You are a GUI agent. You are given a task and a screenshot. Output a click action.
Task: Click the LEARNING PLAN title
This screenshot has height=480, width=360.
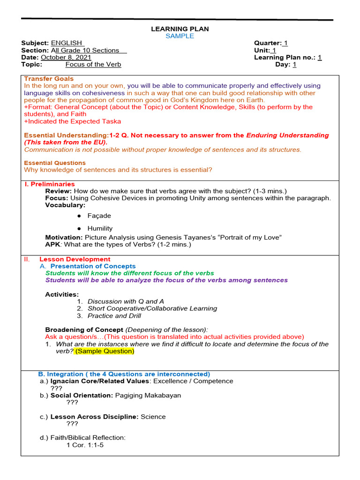click(x=180, y=29)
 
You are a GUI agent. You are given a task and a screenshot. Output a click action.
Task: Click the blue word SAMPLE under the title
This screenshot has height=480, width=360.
click(x=180, y=36)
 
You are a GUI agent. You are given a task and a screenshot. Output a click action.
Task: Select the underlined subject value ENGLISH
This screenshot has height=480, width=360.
click(x=67, y=43)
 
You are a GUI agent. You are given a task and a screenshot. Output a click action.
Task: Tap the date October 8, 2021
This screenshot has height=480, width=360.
click(x=66, y=58)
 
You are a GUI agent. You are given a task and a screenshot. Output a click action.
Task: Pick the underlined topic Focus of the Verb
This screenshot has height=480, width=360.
click(x=93, y=65)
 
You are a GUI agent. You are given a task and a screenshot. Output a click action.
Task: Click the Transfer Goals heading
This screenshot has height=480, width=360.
click(x=49, y=79)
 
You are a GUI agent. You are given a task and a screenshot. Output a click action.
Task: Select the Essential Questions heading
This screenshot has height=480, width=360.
click(x=52, y=163)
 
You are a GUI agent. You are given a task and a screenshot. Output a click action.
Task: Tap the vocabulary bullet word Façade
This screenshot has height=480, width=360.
click(x=99, y=216)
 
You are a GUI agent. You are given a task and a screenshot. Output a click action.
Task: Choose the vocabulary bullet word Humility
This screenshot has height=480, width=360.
click(x=100, y=228)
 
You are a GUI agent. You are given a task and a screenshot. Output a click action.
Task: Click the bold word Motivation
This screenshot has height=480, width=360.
click(x=64, y=238)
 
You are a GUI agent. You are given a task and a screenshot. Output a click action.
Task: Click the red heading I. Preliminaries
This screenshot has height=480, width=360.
click(x=49, y=184)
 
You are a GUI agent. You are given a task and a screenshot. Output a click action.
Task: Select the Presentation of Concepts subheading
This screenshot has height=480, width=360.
click(x=99, y=266)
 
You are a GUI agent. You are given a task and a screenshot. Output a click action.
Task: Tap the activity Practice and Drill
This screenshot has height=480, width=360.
click(x=114, y=315)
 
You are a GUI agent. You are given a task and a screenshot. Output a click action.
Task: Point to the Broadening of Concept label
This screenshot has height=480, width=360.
click(x=84, y=330)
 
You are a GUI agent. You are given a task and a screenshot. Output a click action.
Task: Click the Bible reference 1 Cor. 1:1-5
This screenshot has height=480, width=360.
click(x=85, y=445)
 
